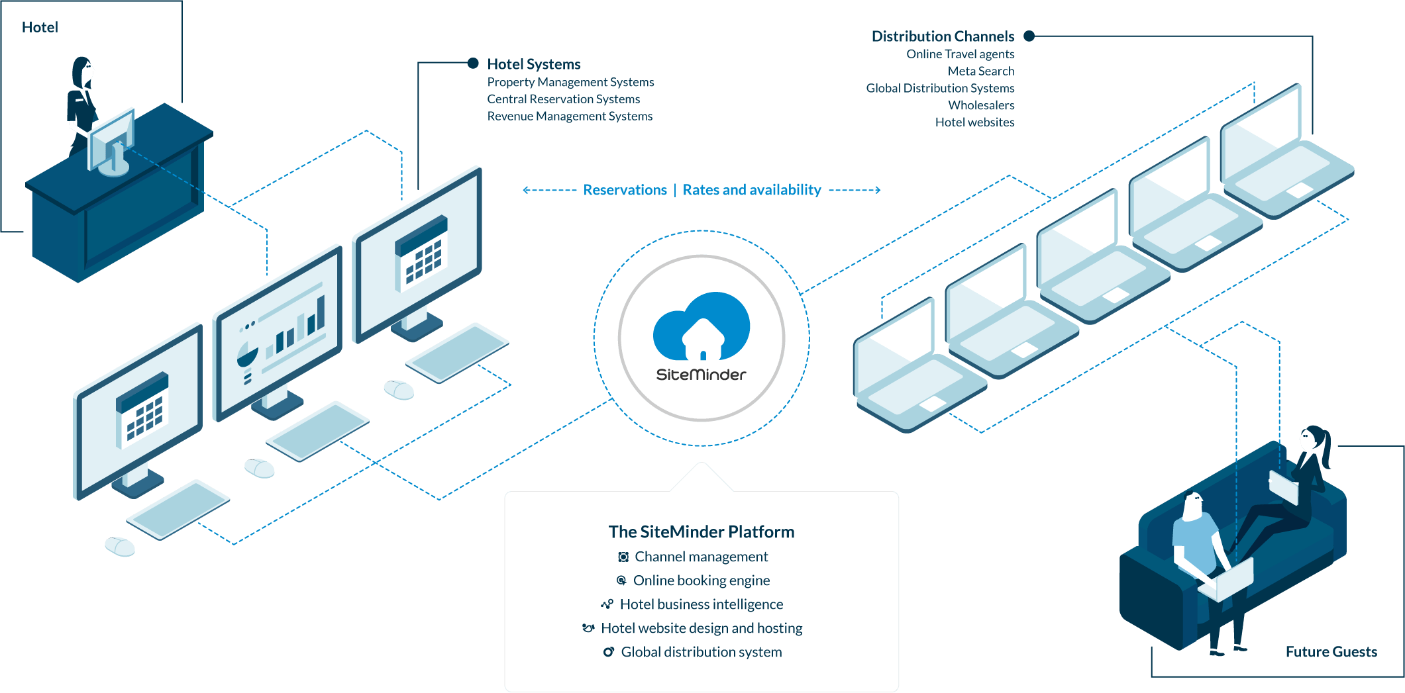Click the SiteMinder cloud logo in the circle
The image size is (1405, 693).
[702, 328]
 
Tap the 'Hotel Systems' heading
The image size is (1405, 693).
[534, 64]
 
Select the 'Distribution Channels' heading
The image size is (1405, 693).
[943, 36]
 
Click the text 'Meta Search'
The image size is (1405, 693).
[980, 71]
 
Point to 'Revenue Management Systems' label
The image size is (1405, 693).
[570, 116]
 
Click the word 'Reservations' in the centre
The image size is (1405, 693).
[625, 191]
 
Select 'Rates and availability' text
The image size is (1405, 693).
[752, 191]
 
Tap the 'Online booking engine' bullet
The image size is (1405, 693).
[701, 581]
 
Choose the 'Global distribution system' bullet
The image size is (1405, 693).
[701, 653]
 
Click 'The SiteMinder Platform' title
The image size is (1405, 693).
[701, 532]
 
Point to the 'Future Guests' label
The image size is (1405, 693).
[1331, 652]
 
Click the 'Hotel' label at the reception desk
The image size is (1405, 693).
[40, 27]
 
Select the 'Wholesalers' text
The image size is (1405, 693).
[981, 105]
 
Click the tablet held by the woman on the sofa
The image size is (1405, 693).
[1283, 487]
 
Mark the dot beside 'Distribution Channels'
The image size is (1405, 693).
[1029, 36]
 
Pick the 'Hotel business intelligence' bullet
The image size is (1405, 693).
[701, 605]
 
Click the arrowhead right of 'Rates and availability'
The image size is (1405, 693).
[878, 190]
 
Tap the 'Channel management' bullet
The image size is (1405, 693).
[701, 557]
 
